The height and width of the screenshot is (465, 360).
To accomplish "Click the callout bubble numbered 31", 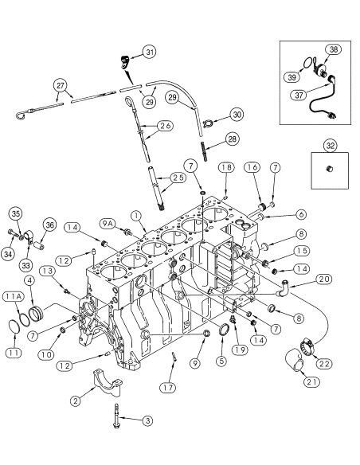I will [150, 52].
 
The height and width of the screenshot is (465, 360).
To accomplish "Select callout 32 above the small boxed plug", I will [329, 145].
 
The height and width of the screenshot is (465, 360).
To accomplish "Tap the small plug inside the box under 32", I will [329, 170].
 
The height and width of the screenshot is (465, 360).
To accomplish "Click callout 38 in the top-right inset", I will [333, 49].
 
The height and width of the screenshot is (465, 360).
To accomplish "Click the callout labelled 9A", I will [108, 223].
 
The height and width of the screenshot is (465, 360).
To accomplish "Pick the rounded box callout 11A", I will [13, 296].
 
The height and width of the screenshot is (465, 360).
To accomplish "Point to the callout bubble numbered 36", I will [49, 226].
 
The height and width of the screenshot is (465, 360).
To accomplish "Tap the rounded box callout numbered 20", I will [324, 279].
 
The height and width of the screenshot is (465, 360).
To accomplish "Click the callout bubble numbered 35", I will [15, 213].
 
